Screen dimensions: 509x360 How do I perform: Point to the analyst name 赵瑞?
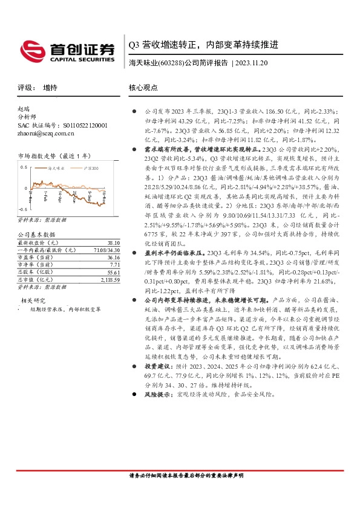(x=24, y=109)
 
